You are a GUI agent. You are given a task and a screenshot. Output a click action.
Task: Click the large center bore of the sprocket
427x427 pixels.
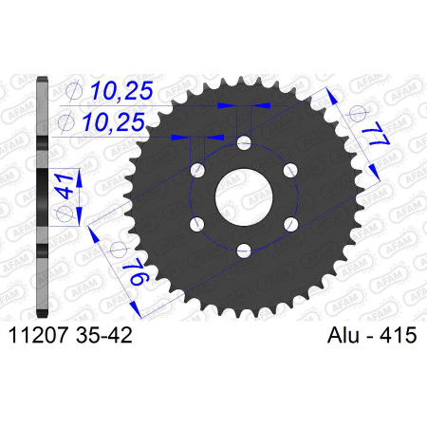coord(244,197)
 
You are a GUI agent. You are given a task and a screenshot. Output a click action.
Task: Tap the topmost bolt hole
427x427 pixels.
coord(244,143)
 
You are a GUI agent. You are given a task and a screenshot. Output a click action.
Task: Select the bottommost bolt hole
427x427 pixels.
coord(244,251)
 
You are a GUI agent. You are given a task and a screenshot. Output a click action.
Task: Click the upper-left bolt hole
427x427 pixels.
coord(197,171)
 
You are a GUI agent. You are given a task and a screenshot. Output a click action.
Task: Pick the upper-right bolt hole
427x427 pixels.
coord(290,171)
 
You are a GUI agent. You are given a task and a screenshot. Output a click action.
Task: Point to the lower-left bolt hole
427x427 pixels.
coord(197,224)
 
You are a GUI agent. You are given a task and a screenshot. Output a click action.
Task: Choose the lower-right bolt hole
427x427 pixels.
coord(290,224)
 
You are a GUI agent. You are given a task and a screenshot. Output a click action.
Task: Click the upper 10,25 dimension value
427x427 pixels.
coord(121,90)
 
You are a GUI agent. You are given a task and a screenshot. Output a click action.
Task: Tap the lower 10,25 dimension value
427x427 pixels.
coord(113,122)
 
